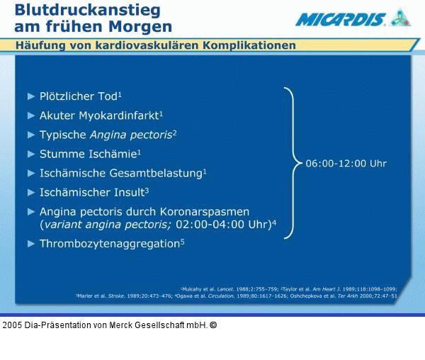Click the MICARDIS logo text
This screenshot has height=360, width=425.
tap(339, 19)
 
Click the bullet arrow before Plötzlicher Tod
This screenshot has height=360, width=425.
tap(30, 96)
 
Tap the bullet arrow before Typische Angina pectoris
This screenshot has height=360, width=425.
tap(30, 135)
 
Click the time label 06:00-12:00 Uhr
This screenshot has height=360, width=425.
tap(346, 164)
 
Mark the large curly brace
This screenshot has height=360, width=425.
tap(291, 164)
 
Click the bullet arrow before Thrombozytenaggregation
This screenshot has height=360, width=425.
tap(30, 244)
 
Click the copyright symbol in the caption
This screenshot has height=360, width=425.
tap(213, 326)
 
